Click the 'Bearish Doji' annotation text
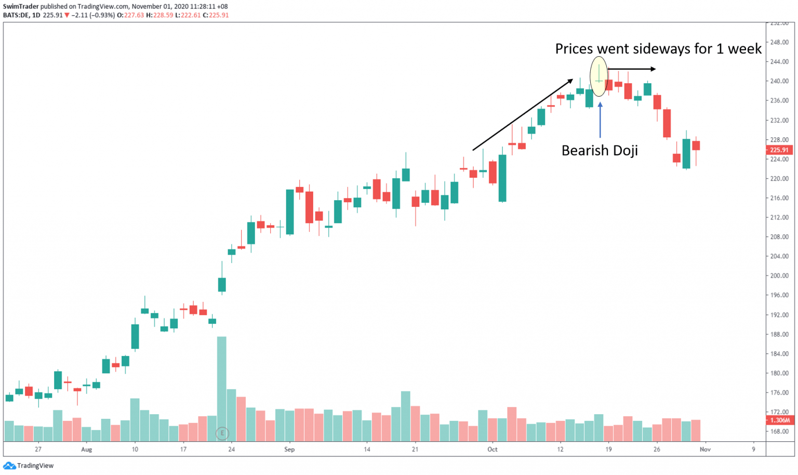coord(600,151)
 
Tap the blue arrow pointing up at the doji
coord(600,120)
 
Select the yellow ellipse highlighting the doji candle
coord(598,76)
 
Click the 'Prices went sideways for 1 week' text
coord(658,49)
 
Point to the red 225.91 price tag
coord(779,150)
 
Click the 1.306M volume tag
coord(779,420)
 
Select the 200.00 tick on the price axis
coord(779,276)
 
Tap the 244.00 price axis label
coord(779,62)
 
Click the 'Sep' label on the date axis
coord(289,450)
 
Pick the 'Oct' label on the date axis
coord(492,450)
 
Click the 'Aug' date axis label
coord(86,450)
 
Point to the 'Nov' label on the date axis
coord(704,450)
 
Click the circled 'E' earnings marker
coord(222,433)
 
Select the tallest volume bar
coord(222,389)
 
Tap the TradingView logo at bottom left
coord(29,466)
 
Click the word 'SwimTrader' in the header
coord(21,6)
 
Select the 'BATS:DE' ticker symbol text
coord(16,15)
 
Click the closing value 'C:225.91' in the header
coord(216,15)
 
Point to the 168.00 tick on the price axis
coord(779,431)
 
